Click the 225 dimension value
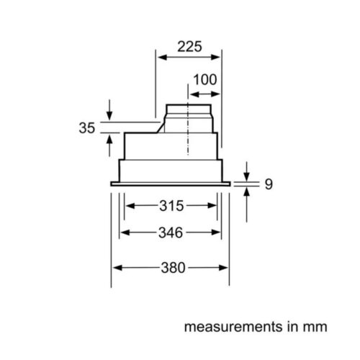click(189, 47)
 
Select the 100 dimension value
click(204, 78)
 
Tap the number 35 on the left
click(86, 128)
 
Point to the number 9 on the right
click(269, 185)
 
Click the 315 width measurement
click(171, 207)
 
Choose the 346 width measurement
click(171, 233)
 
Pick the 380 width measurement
click(171, 267)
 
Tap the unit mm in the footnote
click(315, 326)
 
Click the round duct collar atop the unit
click(188, 115)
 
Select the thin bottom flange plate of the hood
click(170, 184)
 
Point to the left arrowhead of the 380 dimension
click(115, 267)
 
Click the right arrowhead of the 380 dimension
click(225, 267)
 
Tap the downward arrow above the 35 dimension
click(108, 116)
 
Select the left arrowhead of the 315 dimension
click(130, 207)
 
